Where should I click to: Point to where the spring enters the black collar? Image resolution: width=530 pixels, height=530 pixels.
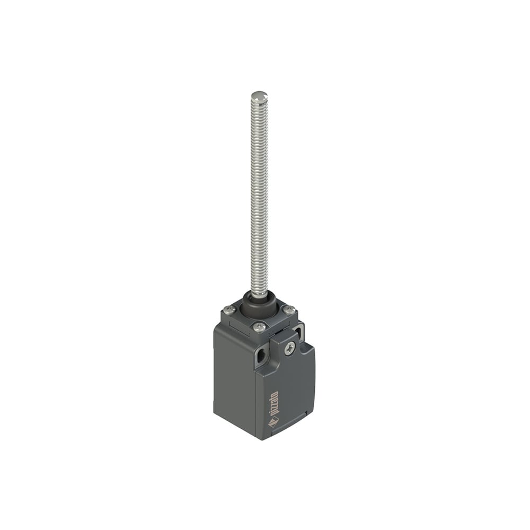tap(259, 294)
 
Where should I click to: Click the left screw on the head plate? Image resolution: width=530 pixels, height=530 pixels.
tap(229, 309)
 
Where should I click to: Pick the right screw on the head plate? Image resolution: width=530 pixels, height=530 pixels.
tap(289, 310)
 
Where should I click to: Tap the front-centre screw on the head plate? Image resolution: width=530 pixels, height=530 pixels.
tap(259, 327)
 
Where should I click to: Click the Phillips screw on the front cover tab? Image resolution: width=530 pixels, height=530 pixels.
tap(289, 348)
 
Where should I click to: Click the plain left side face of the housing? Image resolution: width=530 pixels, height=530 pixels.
tap(233, 382)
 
